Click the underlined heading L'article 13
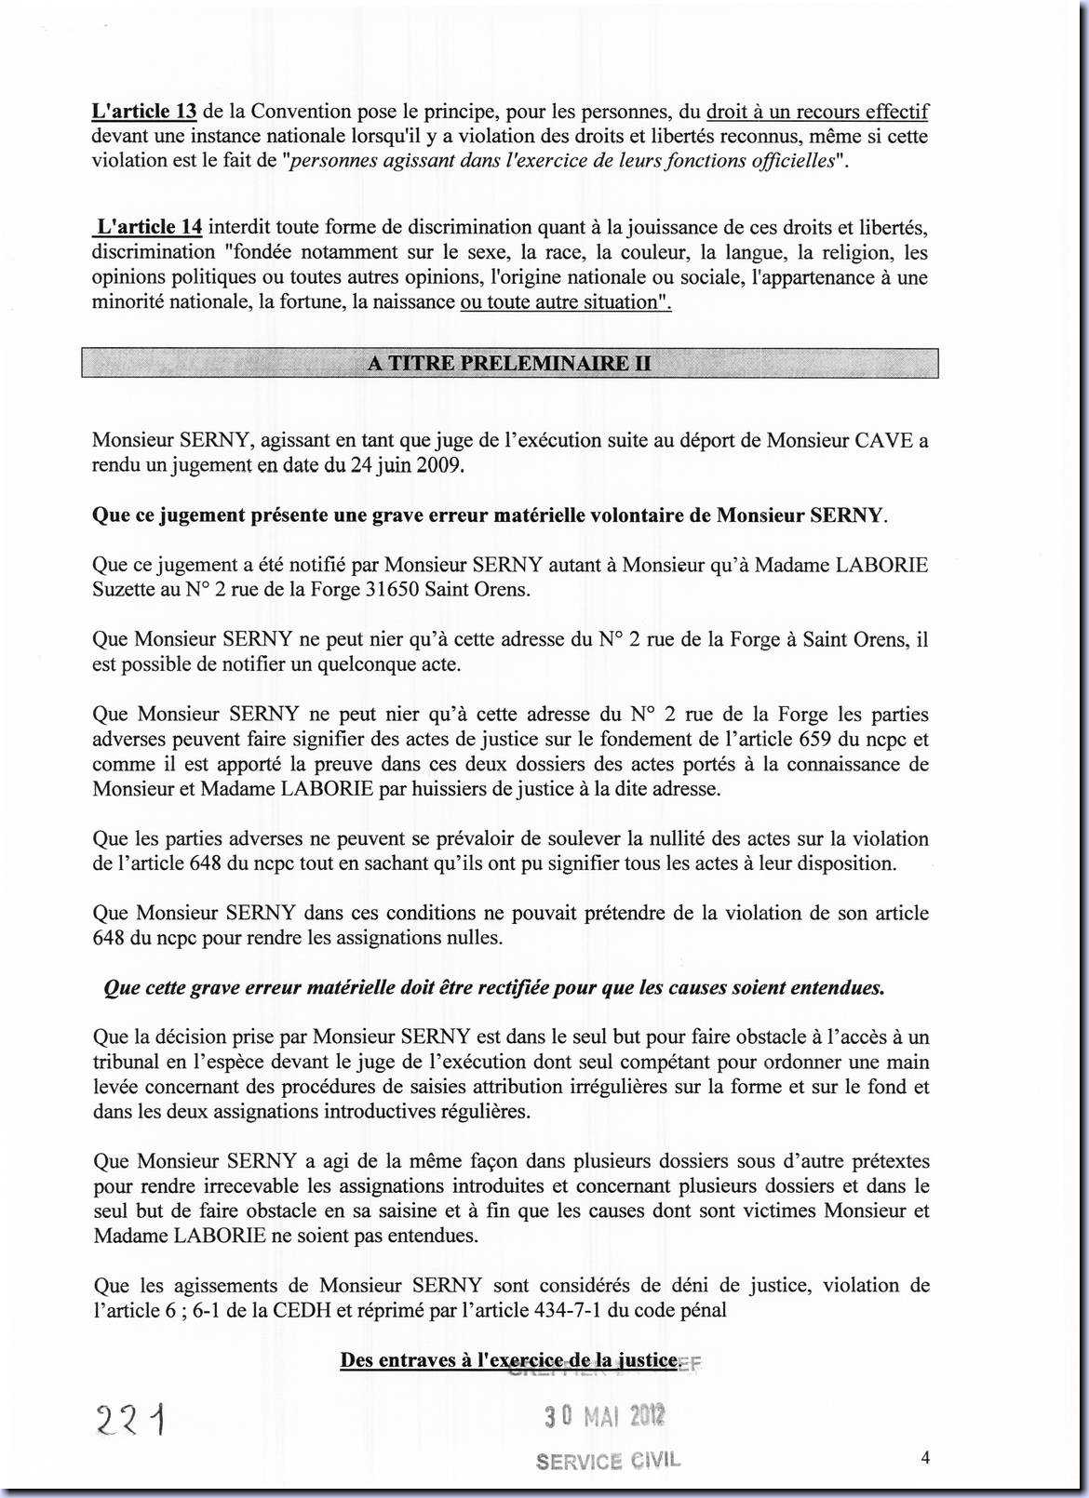[144, 112]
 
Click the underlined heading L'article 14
[149, 227]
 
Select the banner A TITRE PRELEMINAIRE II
[509, 363]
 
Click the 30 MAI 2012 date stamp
[605, 1417]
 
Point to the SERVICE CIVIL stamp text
[608, 1461]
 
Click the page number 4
[925, 1458]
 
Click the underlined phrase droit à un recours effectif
[817, 112]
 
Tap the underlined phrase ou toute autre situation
[565, 301]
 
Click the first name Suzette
[127, 590]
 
